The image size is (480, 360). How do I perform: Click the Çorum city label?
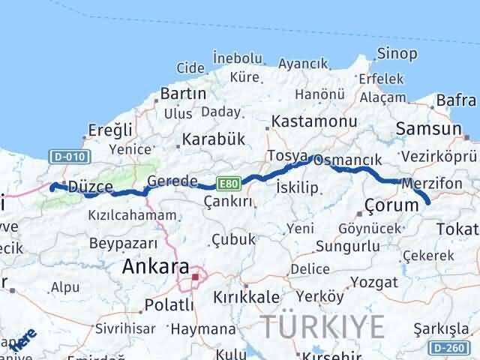click(390, 205)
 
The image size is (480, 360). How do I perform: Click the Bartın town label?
click(183, 94)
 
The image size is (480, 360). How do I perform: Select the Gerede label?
click(172, 181)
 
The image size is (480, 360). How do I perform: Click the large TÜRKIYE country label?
click(323, 326)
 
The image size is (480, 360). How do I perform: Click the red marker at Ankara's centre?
click(195, 277)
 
